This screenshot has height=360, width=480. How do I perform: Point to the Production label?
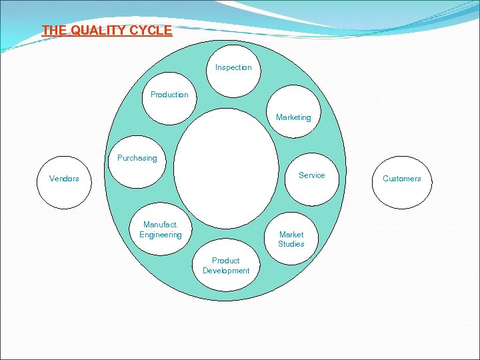point(169,95)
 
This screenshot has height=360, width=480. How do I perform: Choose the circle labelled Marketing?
point(293,113)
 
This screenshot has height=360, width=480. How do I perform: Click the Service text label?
point(311,175)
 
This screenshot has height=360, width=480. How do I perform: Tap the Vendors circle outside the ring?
point(64,181)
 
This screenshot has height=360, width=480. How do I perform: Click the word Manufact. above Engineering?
point(160,225)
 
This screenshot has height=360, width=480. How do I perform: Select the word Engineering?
point(160,235)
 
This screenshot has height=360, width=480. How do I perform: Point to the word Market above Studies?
point(291,235)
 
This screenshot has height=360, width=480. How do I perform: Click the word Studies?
point(291,244)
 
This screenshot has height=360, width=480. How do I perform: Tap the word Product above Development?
point(226,261)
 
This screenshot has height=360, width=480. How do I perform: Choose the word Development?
point(226,271)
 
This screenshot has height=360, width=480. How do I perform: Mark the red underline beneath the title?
point(107,37)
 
